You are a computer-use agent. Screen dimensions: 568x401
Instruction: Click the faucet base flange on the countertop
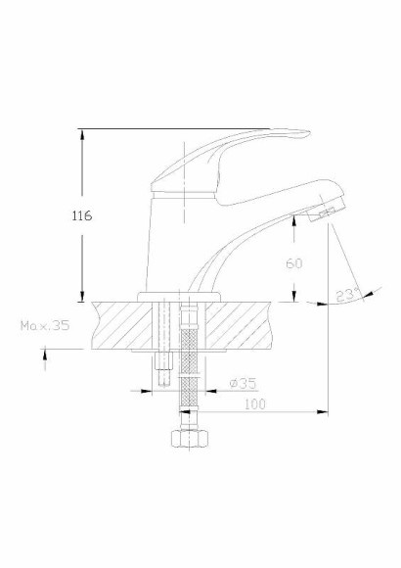[182, 295]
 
